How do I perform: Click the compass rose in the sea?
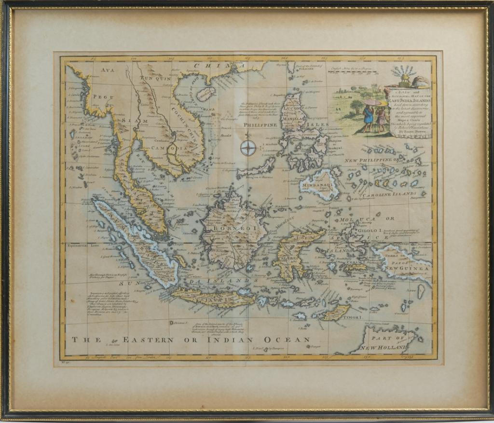248,148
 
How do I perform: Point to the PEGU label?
102,97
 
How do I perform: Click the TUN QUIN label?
152,78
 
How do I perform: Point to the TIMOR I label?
354,318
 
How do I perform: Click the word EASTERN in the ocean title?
148,340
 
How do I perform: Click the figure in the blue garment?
369,116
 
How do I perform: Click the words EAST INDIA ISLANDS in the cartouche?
410,99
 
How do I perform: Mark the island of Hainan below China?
206,93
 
